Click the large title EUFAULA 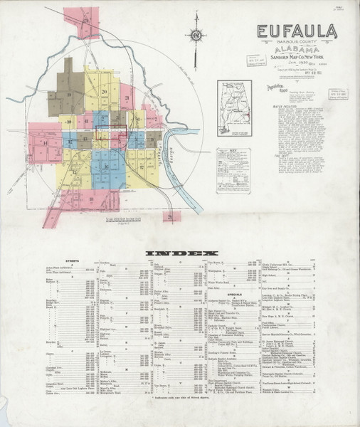(297, 32)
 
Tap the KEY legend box (234, 168)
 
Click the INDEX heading (180, 253)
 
